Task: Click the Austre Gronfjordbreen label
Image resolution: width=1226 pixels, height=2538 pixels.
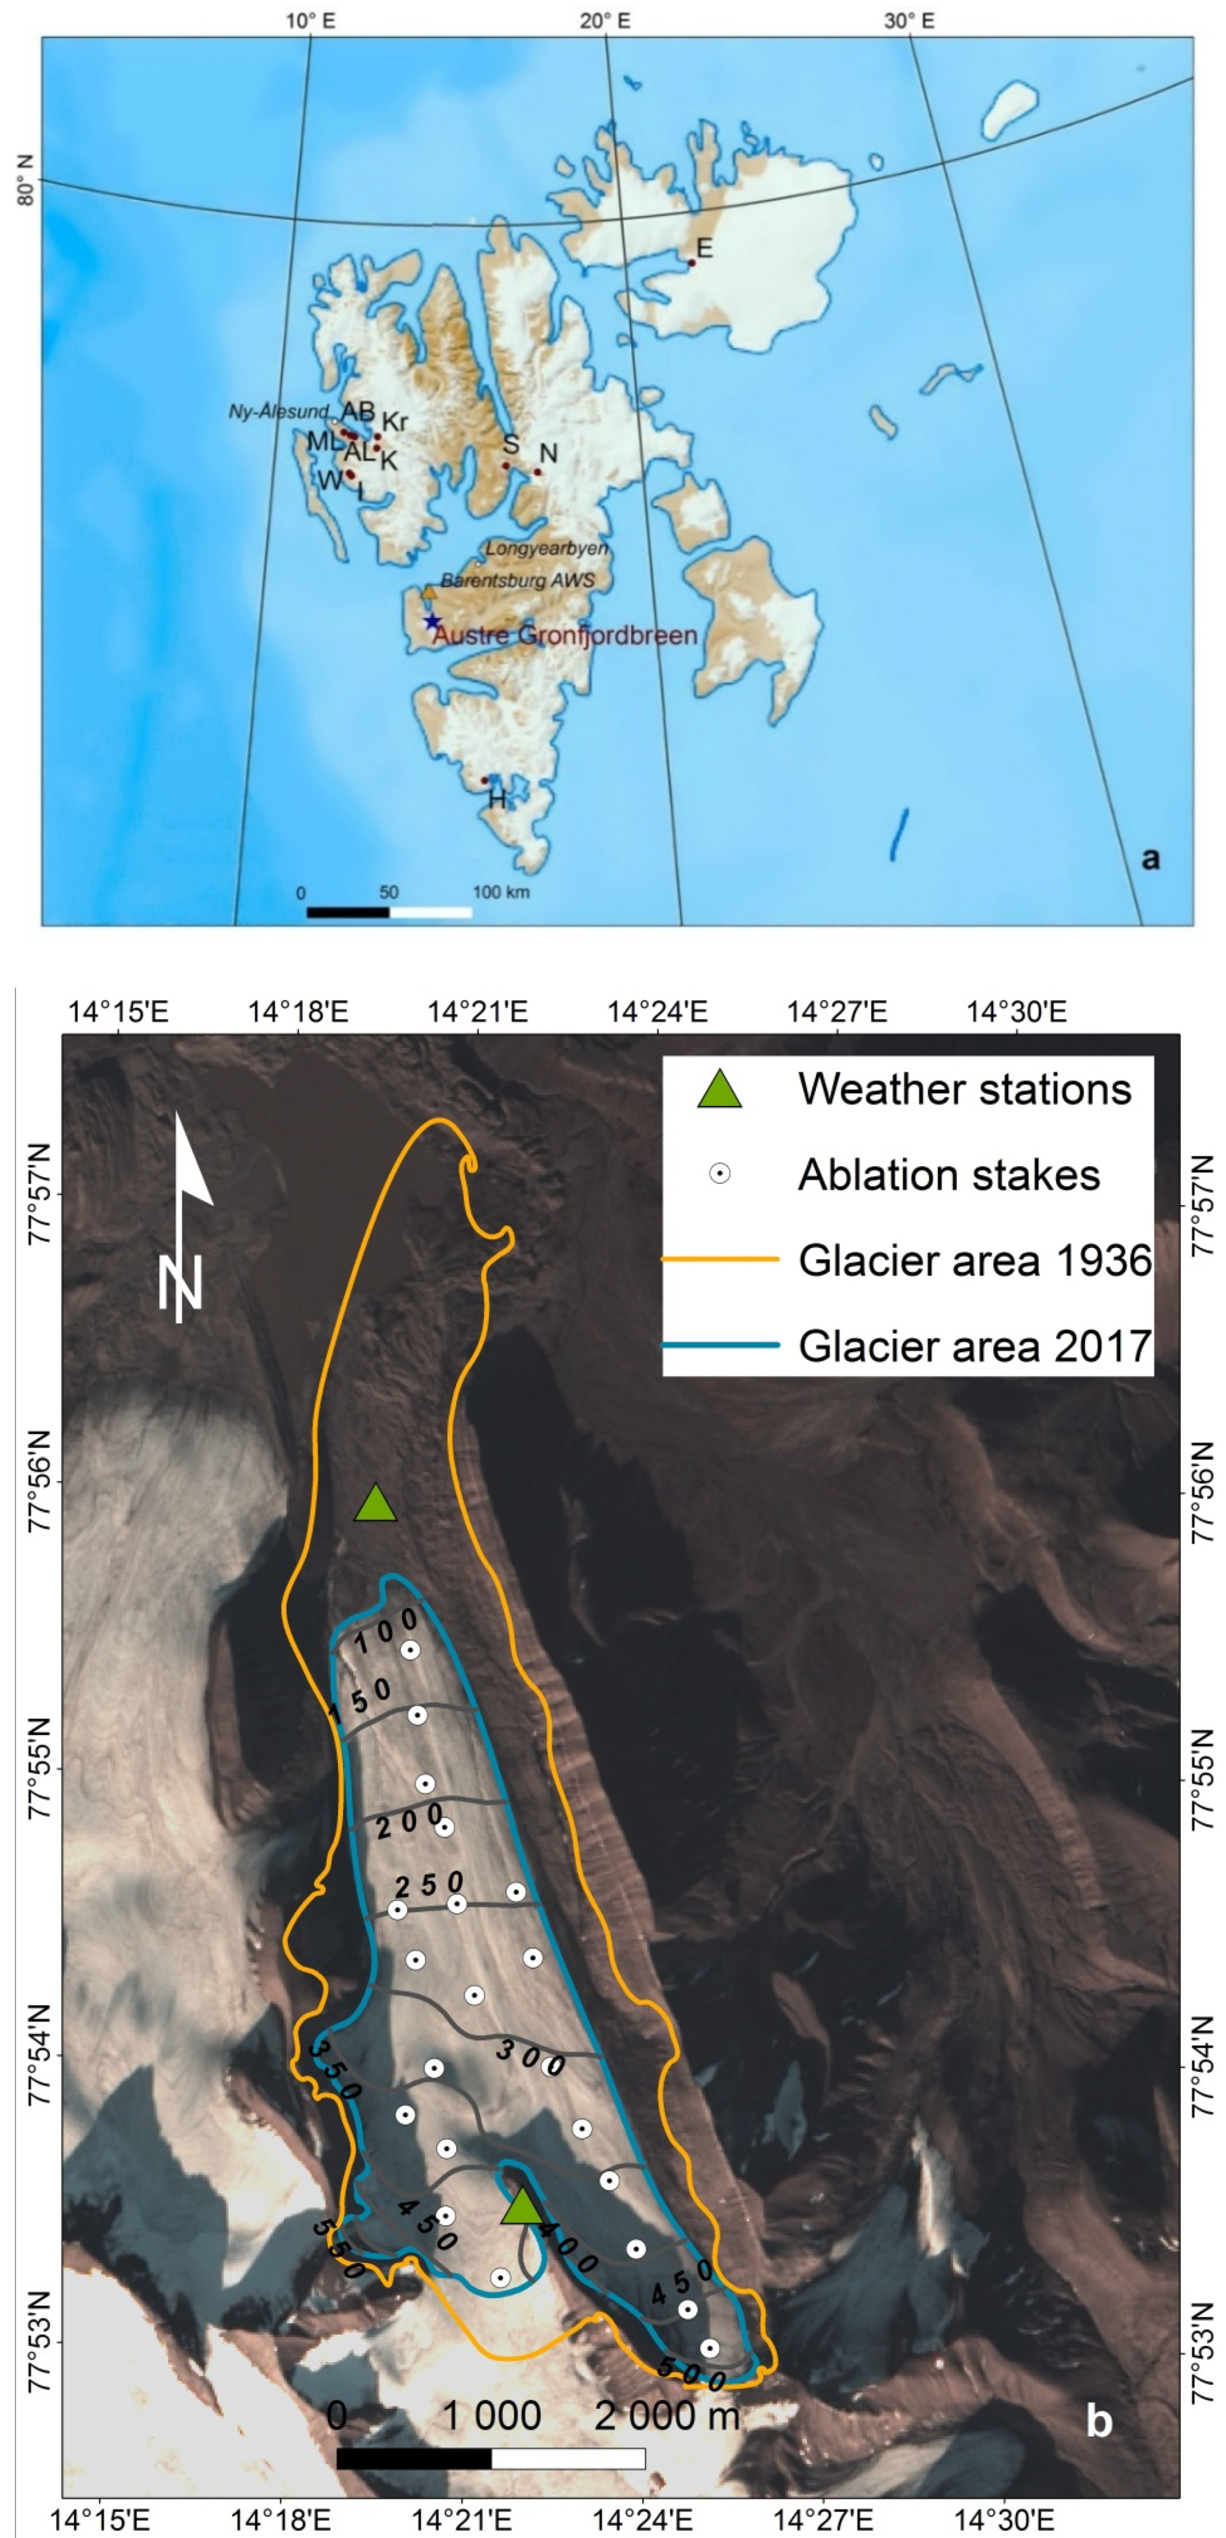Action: pyautogui.click(x=565, y=636)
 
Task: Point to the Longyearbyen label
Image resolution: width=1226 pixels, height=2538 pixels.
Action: pyautogui.click(x=546, y=548)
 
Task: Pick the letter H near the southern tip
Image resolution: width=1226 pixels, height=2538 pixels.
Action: pyautogui.click(x=498, y=799)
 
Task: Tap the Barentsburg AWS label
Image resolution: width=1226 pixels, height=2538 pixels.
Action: pyautogui.click(x=517, y=580)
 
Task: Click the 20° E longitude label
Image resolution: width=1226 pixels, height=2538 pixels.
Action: pyautogui.click(x=605, y=20)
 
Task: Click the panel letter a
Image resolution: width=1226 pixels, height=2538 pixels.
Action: pyautogui.click(x=1149, y=857)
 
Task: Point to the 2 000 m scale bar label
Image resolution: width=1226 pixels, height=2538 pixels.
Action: pyautogui.click(x=666, y=2415)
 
